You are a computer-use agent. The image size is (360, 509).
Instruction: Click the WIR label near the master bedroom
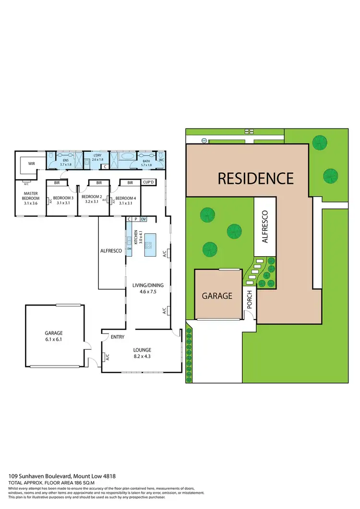click(32, 164)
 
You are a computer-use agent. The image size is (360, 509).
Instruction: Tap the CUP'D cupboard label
click(148, 182)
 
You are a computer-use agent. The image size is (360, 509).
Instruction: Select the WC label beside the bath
click(161, 159)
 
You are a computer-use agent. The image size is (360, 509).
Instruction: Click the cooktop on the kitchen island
click(149, 245)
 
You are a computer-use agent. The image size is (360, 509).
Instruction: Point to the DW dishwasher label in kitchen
click(129, 249)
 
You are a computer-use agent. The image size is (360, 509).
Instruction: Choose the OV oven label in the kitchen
click(143, 219)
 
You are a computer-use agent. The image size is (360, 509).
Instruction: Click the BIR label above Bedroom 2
click(98, 182)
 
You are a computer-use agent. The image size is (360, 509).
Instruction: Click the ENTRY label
click(118, 337)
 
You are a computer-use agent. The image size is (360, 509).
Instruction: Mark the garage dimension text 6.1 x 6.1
click(54, 339)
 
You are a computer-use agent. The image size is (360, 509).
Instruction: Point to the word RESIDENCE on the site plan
click(255, 178)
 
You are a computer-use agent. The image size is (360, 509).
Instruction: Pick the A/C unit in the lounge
click(105, 357)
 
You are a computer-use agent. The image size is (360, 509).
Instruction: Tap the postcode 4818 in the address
click(110, 476)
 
